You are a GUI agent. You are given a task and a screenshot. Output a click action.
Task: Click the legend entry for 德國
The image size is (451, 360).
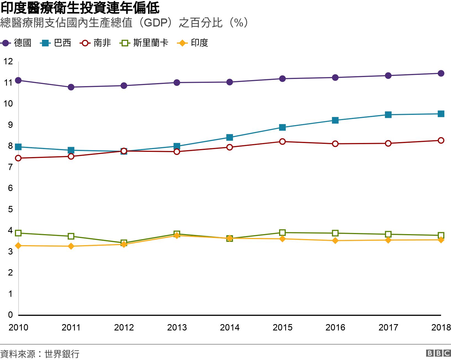(x=17, y=43)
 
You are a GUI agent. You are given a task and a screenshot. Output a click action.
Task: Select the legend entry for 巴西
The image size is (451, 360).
(x=56, y=43)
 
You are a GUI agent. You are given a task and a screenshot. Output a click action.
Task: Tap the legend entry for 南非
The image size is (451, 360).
(x=96, y=43)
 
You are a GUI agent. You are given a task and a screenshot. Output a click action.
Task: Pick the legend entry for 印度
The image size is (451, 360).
(x=193, y=43)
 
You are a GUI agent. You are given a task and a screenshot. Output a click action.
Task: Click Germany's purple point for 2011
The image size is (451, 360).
(x=71, y=87)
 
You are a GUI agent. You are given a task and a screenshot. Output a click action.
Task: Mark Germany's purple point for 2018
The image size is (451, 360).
(x=441, y=73)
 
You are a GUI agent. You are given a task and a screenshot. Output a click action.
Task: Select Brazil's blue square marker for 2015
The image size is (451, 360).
(x=282, y=127)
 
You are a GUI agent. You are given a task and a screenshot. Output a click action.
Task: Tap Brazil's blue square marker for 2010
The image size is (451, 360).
(x=18, y=147)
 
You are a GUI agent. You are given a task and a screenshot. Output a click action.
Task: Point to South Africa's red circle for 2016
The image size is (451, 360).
(x=335, y=144)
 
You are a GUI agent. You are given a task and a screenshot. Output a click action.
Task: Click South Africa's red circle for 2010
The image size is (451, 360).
(x=18, y=158)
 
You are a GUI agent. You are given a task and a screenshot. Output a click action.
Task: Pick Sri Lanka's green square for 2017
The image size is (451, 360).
(x=388, y=234)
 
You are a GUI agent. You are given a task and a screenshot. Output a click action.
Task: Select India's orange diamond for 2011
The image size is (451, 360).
(x=71, y=246)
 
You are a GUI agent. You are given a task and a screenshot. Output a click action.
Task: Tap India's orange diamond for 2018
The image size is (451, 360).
(x=441, y=240)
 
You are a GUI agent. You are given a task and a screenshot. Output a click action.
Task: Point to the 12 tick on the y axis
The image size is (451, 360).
(x=8, y=61)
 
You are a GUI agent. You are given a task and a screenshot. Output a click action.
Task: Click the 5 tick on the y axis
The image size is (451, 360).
(x=11, y=209)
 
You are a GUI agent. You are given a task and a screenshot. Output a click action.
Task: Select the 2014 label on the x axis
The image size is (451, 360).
(x=230, y=327)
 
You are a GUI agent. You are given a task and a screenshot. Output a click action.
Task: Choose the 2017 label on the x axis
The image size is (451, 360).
(x=388, y=327)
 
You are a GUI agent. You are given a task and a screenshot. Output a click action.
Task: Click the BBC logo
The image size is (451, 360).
(x=438, y=353)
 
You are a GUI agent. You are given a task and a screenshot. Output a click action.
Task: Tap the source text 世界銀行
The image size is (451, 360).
(x=62, y=354)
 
